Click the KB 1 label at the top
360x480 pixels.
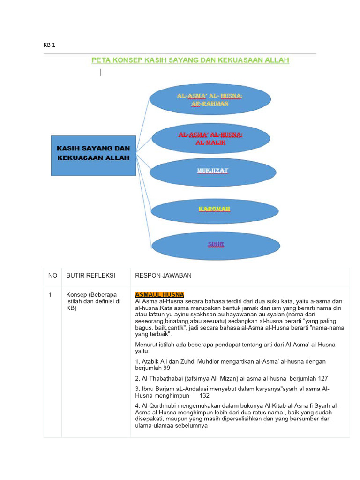pos(49,45)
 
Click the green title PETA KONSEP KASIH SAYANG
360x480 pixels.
pos(190,60)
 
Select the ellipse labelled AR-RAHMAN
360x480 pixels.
pos(210,99)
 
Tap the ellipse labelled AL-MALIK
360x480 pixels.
pos(210,138)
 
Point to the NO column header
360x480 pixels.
pos(52,275)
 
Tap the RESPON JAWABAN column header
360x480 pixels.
pos(163,275)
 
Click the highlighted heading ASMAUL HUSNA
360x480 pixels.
pos(159,294)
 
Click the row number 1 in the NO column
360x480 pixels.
pos(50,294)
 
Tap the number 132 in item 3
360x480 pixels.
pos(204,395)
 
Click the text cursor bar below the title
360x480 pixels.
pos(101,72)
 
